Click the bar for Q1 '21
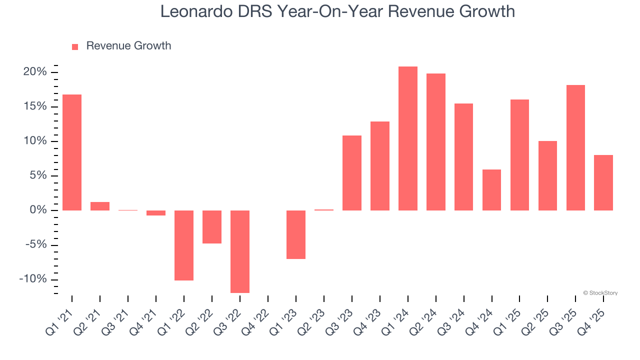coord(72,152)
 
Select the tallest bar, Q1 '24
coord(408,138)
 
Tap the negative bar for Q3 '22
coord(240,251)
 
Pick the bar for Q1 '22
coord(184,245)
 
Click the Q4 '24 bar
coord(492,190)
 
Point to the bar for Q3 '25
coord(575,147)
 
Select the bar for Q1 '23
coord(296,234)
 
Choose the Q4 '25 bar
coord(603,182)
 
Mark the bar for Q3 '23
coord(352,173)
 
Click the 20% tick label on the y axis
coord(35,72)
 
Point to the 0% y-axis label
coord(38,210)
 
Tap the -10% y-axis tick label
coord(33,279)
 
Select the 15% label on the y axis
coord(35,106)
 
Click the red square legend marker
coord(75,46)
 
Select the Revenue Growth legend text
coord(128,46)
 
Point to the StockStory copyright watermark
coord(600,293)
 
